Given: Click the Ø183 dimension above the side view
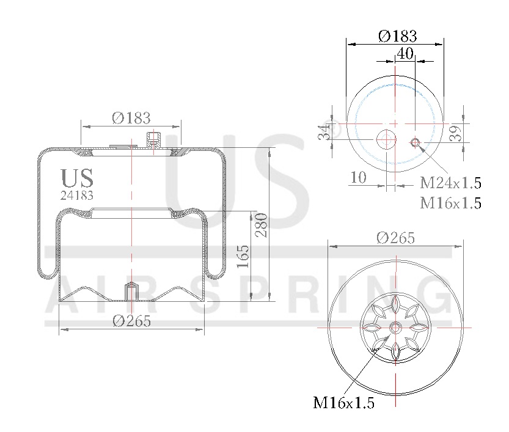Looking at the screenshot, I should [131, 118].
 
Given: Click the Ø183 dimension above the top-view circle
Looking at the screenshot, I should [397, 35].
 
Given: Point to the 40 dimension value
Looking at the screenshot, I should [405, 53].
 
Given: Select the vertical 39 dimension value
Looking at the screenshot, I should [455, 133].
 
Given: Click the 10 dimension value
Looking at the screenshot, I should [358, 177].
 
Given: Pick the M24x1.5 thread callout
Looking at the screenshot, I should [450, 183].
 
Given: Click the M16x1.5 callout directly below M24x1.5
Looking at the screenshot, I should [450, 203].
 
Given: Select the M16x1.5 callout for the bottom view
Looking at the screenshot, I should [343, 402].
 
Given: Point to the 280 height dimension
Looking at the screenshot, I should [262, 225].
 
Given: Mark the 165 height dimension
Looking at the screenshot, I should [243, 257].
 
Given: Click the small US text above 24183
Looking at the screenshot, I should [77, 178].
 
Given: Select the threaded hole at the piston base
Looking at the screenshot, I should [131, 291].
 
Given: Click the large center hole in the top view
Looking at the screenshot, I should [386, 139].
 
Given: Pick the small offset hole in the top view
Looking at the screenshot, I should [415, 143].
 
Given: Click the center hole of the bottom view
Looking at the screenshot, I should [395, 328].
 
